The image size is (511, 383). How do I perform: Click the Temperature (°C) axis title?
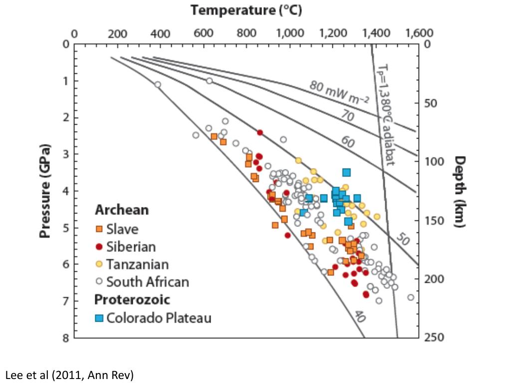pos(247,10)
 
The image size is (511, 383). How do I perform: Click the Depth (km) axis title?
pos(460,191)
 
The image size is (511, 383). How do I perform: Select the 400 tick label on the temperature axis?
pos(160,34)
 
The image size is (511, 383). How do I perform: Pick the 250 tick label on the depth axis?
pos(434,338)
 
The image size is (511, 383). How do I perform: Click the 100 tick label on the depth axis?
pos(434,162)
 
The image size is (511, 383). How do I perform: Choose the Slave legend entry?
pos(122,229)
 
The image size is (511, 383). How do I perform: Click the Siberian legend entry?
pos(131,246)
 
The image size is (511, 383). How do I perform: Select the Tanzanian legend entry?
pos(137,264)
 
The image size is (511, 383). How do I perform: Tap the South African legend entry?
pos(148,282)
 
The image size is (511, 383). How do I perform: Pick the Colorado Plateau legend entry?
pos(159,318)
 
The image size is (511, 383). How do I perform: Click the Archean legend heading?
pos(122,210)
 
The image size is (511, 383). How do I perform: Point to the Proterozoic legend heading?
pos(132,300)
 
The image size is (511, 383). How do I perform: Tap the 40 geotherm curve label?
pos(360,316)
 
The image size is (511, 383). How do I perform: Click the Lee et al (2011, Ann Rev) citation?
pos(69,375)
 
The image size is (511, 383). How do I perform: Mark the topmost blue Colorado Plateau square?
pos(346,173)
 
